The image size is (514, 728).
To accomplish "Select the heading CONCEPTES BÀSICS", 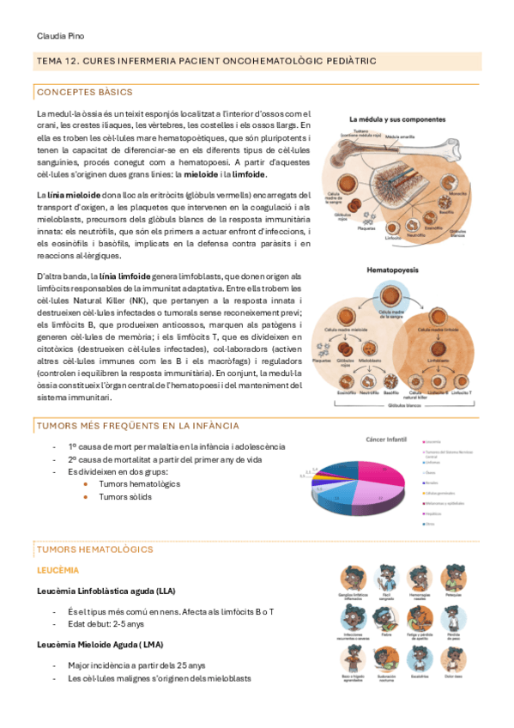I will click(x=84, y=92).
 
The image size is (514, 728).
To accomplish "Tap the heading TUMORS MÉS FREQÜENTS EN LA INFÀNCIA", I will click(x=137, y=426).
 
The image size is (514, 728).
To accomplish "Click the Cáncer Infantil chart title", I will click(x=385, y=438).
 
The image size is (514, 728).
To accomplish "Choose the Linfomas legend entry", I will click(x=432, y=461).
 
